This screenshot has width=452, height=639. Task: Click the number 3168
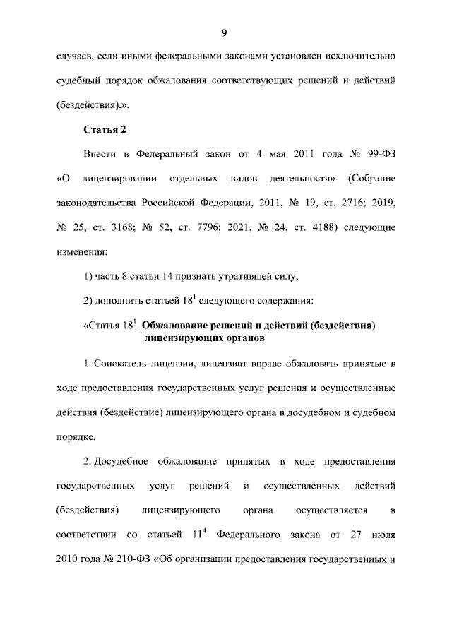pos(141,228)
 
